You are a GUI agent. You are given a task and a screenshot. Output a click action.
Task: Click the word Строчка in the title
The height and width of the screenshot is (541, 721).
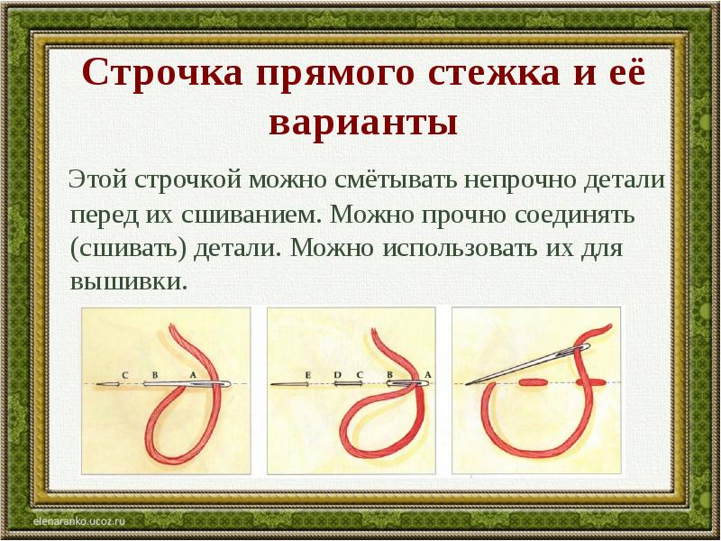pyautogui.click(x=162, y=73)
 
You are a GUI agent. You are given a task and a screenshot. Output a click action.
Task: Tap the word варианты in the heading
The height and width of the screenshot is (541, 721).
pyautogui.click(x=363, y=124)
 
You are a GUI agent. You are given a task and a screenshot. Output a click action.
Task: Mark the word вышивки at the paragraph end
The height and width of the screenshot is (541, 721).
pyautogui.click(x=129, y=281)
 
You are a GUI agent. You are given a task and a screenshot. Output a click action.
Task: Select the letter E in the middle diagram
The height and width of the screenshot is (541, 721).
pyautogui.click(x=307, y=375)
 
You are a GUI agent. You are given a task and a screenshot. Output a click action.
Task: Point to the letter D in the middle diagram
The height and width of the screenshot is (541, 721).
pyautogui.click(x=337, y=375)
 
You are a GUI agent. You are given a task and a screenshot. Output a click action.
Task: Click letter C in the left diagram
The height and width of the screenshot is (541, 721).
pyautogui.click(x=125, y=376)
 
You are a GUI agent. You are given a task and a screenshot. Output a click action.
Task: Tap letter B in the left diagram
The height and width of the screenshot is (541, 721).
pyautogui.click(x=155, y=375)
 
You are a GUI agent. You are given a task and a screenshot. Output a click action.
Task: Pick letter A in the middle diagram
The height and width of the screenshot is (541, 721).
pyautogui.click(x=427, y=375)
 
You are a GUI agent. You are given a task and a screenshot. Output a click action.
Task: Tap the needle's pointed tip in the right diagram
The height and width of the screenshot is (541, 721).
pyautogui.click(x=466, y=384)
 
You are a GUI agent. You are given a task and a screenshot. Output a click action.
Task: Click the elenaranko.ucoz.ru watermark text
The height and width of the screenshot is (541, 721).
pyautogui.click(x=79, y=521)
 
